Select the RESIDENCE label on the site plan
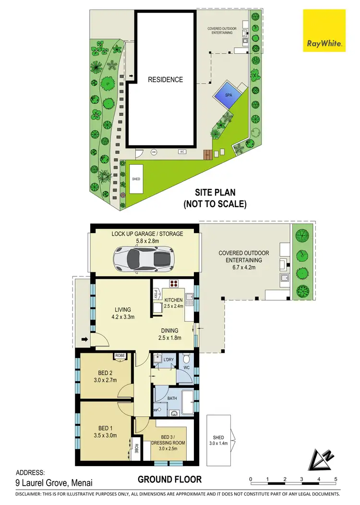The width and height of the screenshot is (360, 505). tap(165, 80)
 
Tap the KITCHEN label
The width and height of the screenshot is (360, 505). tap(173, 300)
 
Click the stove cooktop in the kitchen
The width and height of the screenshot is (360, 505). tap(173, 283)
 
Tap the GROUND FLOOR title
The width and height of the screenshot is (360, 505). tap(169, 480)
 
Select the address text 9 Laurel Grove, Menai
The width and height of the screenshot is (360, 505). tap(54, 483)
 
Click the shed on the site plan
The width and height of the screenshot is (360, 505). tap(137, 179)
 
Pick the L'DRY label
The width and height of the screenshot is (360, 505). tap(168, 360)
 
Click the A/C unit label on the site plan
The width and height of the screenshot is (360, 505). tap(182, 152)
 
